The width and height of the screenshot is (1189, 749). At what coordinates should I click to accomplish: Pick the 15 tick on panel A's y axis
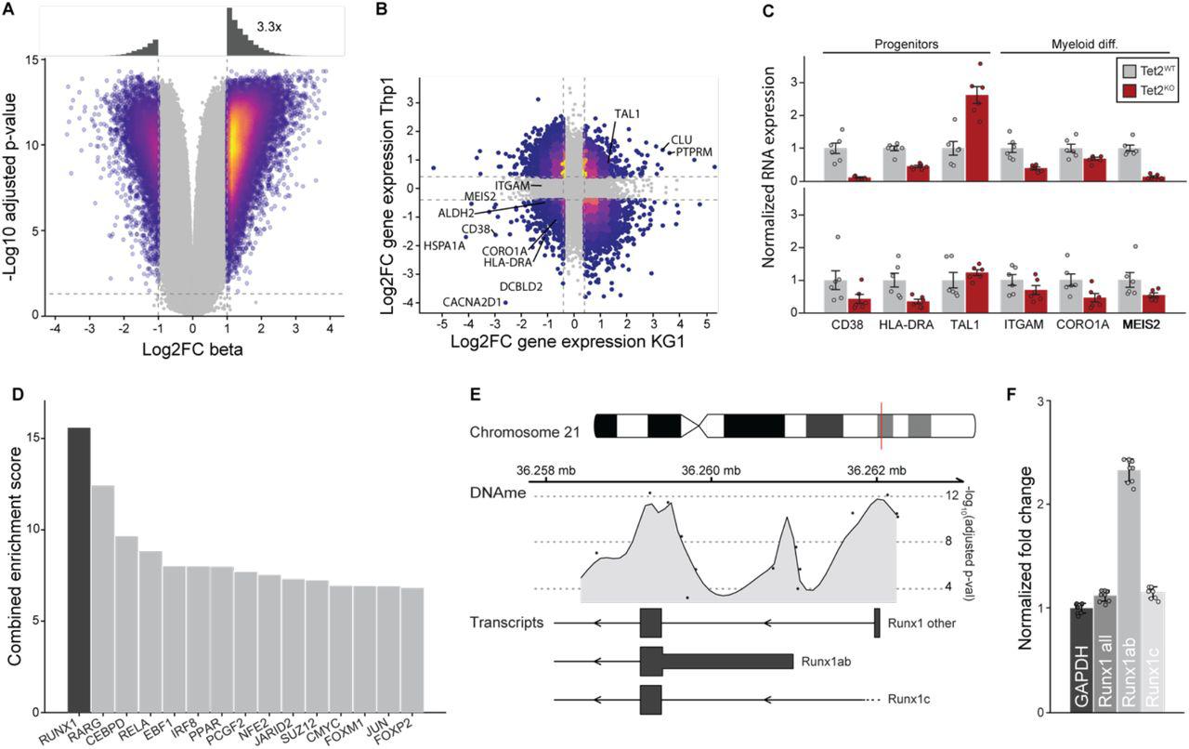pyautogui.click(x=33, y=60)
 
